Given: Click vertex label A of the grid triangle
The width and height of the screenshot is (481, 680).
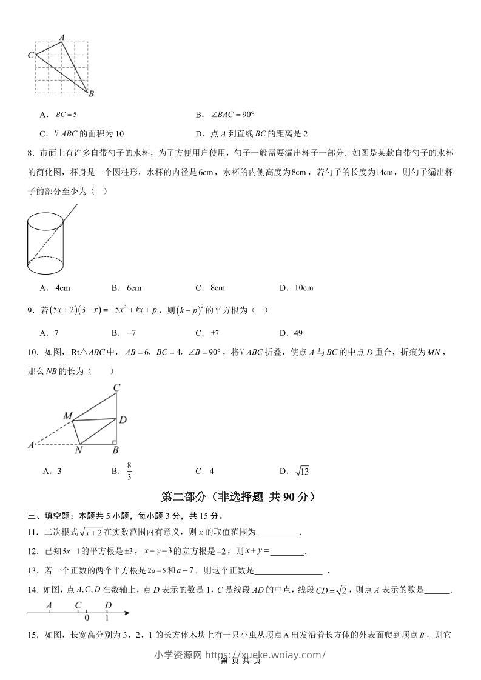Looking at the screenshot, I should pos(62,38).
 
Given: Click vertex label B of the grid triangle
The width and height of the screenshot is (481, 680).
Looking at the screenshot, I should pos(91,93).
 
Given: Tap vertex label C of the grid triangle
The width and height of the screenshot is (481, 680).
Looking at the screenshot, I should pos(30,55).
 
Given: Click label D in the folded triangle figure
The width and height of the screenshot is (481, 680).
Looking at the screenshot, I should pos(123,419).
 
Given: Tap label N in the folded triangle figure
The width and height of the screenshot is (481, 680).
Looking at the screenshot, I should pos(78,451).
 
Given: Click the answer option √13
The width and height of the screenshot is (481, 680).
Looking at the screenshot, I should pos(302,471).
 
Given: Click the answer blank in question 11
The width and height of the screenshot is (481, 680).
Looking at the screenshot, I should pos(279,533).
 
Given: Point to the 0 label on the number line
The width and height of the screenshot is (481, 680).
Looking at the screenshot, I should pos(87,618).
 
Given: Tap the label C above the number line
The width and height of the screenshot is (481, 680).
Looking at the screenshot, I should pos(78,605).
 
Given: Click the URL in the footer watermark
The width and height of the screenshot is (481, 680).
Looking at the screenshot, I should pos(266,655).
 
